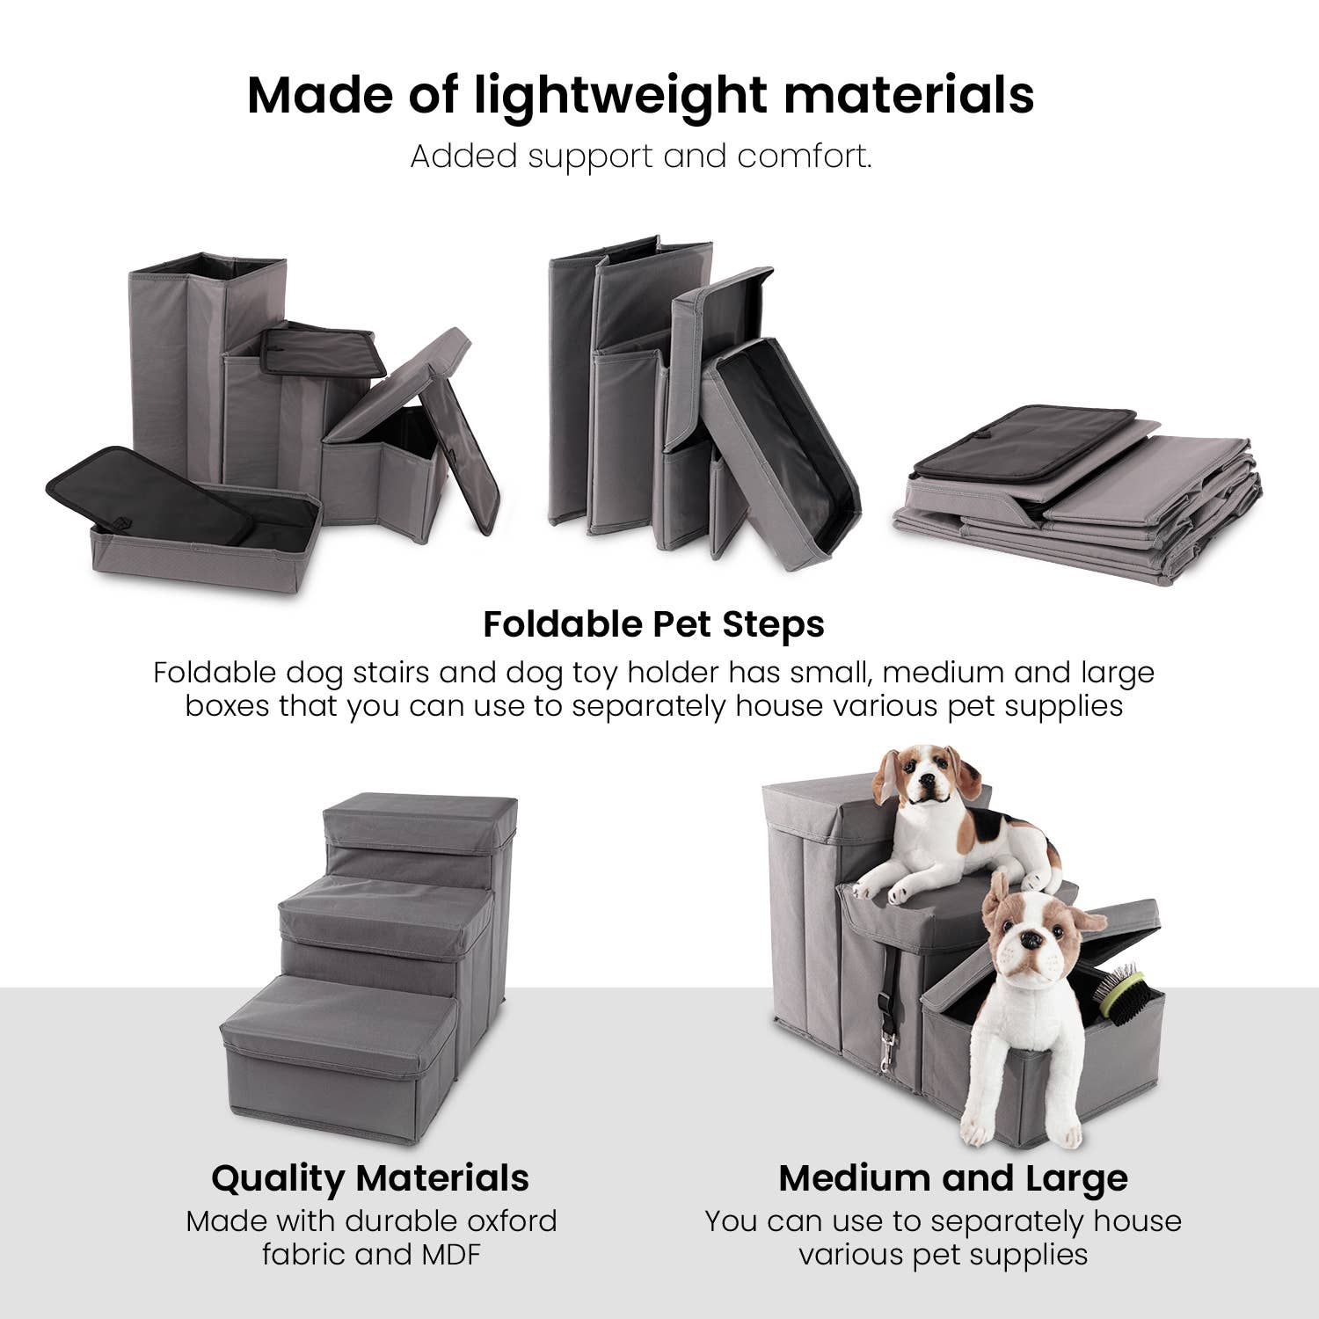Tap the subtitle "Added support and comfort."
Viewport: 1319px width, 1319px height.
(x=641, y=157)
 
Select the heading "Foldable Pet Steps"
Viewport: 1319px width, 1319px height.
(x=653, y=624)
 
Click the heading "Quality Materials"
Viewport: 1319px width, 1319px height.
(x=370, y=1177)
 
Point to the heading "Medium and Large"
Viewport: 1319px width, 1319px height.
(x=953, y=1177)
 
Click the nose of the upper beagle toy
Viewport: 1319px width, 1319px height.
(x=924, y=790)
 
